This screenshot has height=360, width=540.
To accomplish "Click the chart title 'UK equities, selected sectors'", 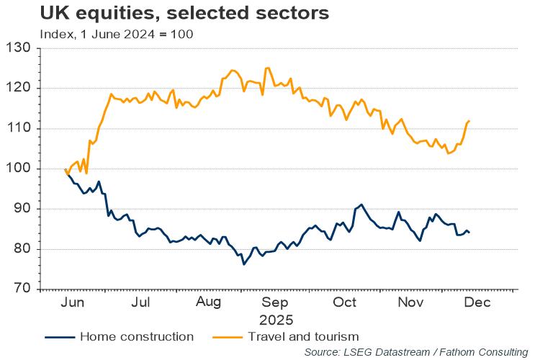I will [174, 14].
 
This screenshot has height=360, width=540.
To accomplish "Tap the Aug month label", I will [209, 303].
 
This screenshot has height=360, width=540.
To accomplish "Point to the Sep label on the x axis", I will [275, 303].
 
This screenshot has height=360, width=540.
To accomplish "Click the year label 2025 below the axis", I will [275, 318].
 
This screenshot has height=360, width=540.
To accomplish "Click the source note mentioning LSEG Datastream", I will [415, 352].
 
